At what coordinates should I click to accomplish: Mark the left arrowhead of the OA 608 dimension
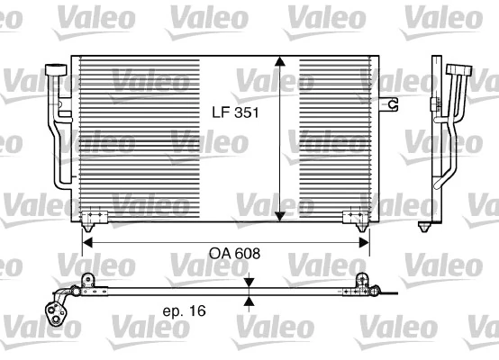pyautogui.click(x=87, y=240)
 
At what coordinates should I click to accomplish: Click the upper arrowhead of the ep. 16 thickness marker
pyautogui.click(x=249, y=283)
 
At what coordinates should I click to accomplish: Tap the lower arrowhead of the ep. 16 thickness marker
pyautogui.click(x=249, y=301)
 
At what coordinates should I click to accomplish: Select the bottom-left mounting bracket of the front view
pyautogui.click(x=94, y=216)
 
